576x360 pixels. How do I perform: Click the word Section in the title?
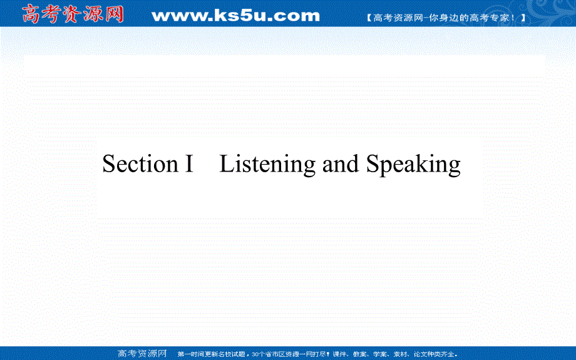140,164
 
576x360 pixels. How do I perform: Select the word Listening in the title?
267,165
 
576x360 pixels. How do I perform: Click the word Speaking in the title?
413,165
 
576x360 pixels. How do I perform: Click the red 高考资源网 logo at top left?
73,14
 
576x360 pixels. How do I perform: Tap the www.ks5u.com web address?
235,15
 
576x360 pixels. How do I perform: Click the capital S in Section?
109,164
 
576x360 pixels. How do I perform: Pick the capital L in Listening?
226,164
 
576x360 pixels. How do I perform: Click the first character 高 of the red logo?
31,14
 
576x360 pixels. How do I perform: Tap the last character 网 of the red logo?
115,14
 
